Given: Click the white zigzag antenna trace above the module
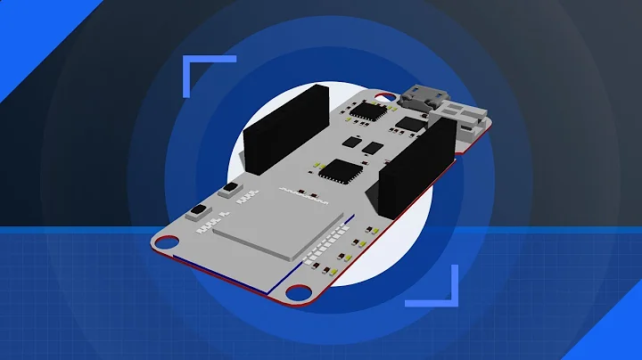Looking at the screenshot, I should [304, 192].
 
